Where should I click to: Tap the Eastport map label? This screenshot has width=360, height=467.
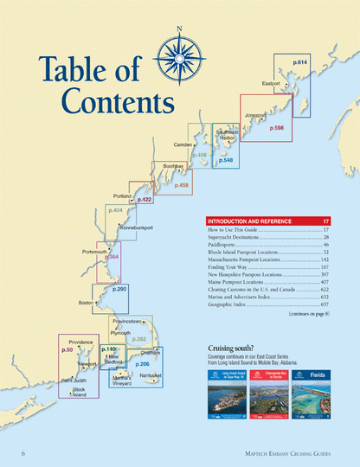(x=272, y=84)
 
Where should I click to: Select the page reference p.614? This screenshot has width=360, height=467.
(x=299, y=63)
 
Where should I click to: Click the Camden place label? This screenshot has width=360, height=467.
(x=183, y=144)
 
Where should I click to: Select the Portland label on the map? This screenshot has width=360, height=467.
(x=122, y=196)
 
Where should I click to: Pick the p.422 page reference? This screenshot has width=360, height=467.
(x=145, y=200)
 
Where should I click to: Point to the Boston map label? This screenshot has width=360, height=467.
(x=86, y=304)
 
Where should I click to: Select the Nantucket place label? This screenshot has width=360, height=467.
(x=151, y=374)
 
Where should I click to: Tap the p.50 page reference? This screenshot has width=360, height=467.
(x=67, y=350)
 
